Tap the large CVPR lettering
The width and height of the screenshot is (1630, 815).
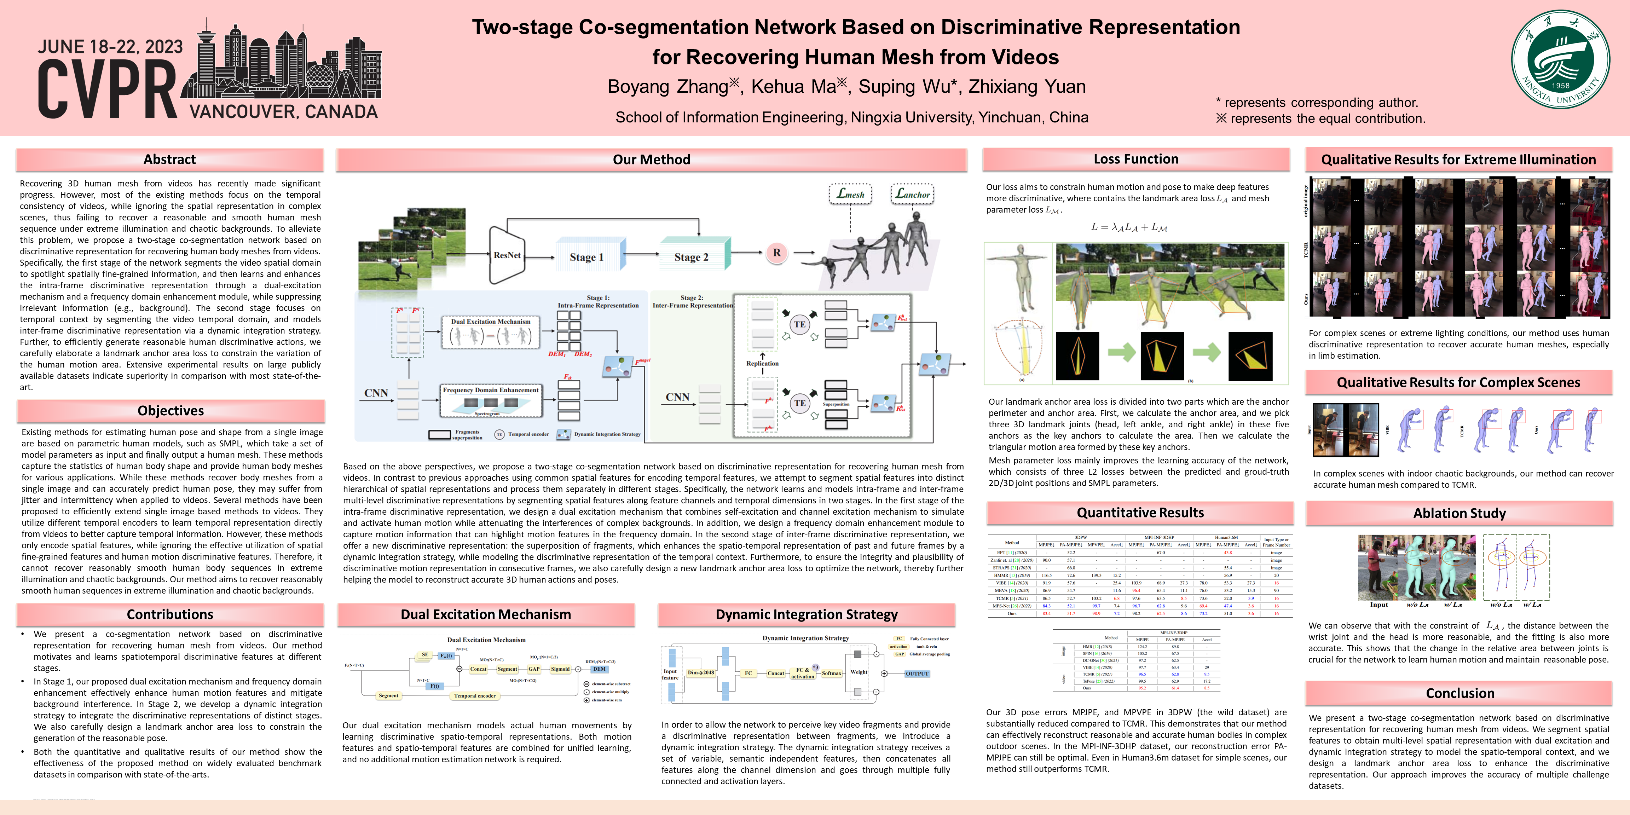point(106,90)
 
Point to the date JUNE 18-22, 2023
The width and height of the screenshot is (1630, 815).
point(110,47)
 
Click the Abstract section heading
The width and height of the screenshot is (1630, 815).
point(169,160)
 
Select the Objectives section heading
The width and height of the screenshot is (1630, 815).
point(171,411)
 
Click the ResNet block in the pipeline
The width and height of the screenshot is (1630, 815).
point(507,255)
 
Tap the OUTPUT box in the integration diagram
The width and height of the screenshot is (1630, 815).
point(917,673)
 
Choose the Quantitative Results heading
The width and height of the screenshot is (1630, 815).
point(1140,513)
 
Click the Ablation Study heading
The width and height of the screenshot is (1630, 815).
point(1459,513)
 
